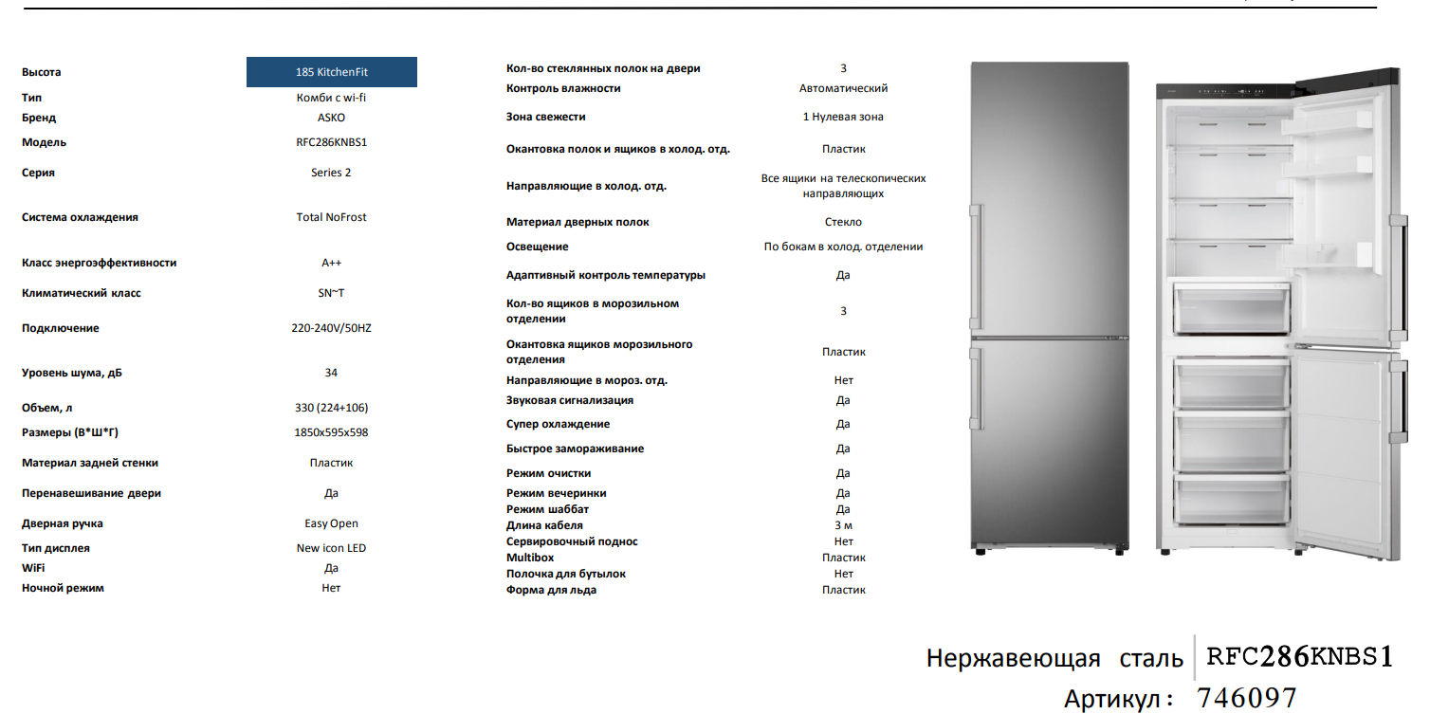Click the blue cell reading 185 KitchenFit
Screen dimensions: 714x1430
click(331, 72)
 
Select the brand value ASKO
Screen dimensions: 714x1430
click(331, 118)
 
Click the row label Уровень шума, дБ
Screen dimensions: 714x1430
click(72, 373)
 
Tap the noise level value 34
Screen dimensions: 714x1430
click(331, 373)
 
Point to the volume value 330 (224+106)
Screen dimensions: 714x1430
click(331, 408)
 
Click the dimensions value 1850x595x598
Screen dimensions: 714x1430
click(331, 432)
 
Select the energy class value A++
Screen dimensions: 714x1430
click(331, 263)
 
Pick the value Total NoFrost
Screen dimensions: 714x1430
click(331, 217)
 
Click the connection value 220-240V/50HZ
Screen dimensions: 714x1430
click(331, 328)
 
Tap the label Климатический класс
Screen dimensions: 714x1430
click(82, 293)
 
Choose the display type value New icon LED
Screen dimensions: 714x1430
click(331, 548)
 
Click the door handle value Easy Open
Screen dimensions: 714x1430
click(331, 523)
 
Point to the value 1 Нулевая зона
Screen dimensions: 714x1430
click(843, 117)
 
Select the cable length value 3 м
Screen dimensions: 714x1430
click(843, 525)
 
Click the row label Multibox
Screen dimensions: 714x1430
click(530, 558)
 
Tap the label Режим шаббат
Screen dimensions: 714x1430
click(547, 509)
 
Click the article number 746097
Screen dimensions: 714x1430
click(1246, 699)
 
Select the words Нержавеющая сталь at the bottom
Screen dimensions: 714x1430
click(1054, 659)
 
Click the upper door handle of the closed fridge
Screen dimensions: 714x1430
click(974, 267)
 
